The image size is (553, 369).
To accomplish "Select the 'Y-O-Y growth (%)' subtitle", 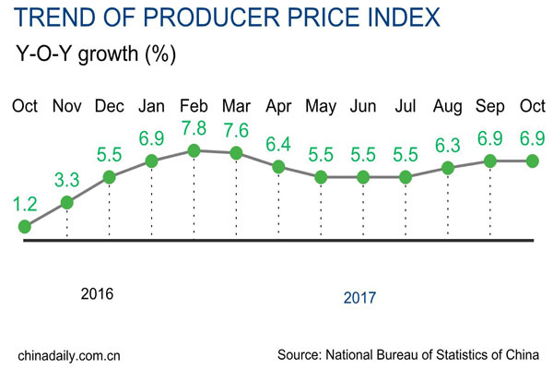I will click(x=96, y=54).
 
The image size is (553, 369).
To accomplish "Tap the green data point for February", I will click(x=194, y=150).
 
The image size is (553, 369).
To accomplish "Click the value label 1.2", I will click(x=25, y=203).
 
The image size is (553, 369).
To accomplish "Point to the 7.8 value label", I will click(x=194, y=128).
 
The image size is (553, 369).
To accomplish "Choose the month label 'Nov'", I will click(x=67, y=104).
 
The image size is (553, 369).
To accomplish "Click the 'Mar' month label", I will click(x=236, y=104).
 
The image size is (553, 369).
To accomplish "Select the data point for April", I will click(x=278, y=167).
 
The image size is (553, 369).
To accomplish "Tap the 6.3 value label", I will click(x=448, y=146).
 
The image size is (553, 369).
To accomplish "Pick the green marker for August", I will click(x=448, y=168).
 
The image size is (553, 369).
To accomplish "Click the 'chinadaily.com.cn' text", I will click(x=70, y=354).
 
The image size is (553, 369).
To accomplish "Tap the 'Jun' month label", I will click(x=363, y=104).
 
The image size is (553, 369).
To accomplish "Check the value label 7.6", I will click(x=236, y=131).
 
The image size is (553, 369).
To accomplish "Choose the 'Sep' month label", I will click(x=490, y=104).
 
